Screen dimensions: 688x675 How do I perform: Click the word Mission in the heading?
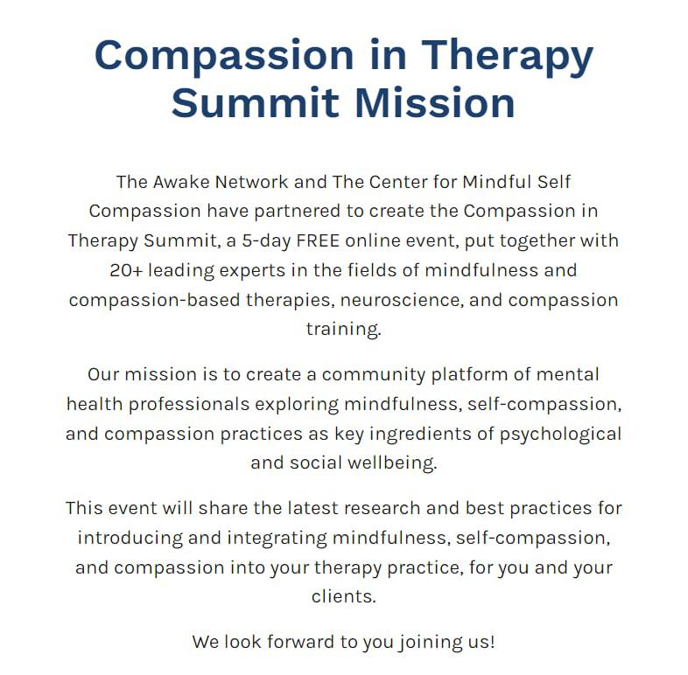click(x=435, y=103)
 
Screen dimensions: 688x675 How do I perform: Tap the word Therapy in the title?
click(x=507, y=56)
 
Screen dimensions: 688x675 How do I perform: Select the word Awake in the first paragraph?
click(x=181, y=182)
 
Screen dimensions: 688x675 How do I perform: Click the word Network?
click(x=251, y=182)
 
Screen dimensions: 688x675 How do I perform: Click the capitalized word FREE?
click(x=318, y=240)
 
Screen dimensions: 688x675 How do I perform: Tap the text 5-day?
click(x=266, y=241)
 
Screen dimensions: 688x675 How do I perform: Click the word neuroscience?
click(x=402, y=300)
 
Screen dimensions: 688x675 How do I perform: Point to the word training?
click(x=343, y=330)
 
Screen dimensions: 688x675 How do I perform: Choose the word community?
click(x=374, y=375)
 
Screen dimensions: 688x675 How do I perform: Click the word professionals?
click(x=189, y=405)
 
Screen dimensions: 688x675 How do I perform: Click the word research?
click(x=383, y=509)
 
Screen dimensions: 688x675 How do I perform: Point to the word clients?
click(x=343, y=596)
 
